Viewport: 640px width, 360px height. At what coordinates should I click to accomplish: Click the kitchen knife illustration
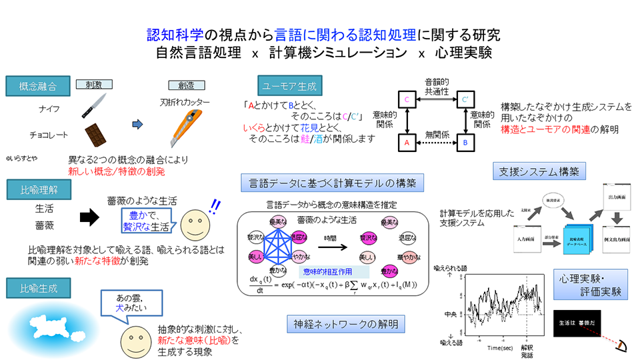(x=93, y=105)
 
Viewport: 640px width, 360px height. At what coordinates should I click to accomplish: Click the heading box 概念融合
(x=38, y=87)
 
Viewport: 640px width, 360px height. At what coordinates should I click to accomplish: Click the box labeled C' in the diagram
(x=466, y=100)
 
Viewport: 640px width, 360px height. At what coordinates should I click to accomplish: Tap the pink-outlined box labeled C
(x=407, y=100)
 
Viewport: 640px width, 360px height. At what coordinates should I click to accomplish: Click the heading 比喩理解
(x=38, y=190)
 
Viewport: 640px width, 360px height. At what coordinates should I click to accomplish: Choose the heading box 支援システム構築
(x=539, y=171)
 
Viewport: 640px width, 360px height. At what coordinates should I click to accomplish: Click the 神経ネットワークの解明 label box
(x=345, y=325)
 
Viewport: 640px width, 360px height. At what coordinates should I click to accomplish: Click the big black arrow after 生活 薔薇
(x=89, y=217)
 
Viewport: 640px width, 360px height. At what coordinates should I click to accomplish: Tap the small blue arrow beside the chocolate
(x=137, y=124)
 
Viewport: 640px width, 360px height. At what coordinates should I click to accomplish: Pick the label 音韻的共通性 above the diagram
(x=437, y=85)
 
